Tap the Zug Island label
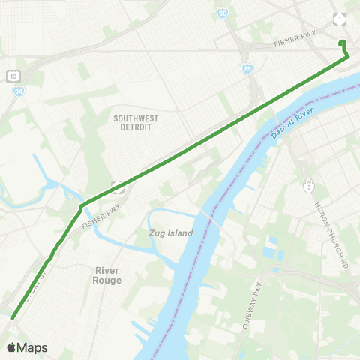tap(166, 233)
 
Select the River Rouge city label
tap(108, 274)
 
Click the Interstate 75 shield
tap(247, 69)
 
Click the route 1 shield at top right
tap(342, 19)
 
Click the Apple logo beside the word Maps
tap(12, 347)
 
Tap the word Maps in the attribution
tap(33, 347)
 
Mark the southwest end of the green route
tap(12, 318)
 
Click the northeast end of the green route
tap(342, 43)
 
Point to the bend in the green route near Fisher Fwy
tap(82, 204)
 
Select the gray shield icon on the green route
tap(117, 185)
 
